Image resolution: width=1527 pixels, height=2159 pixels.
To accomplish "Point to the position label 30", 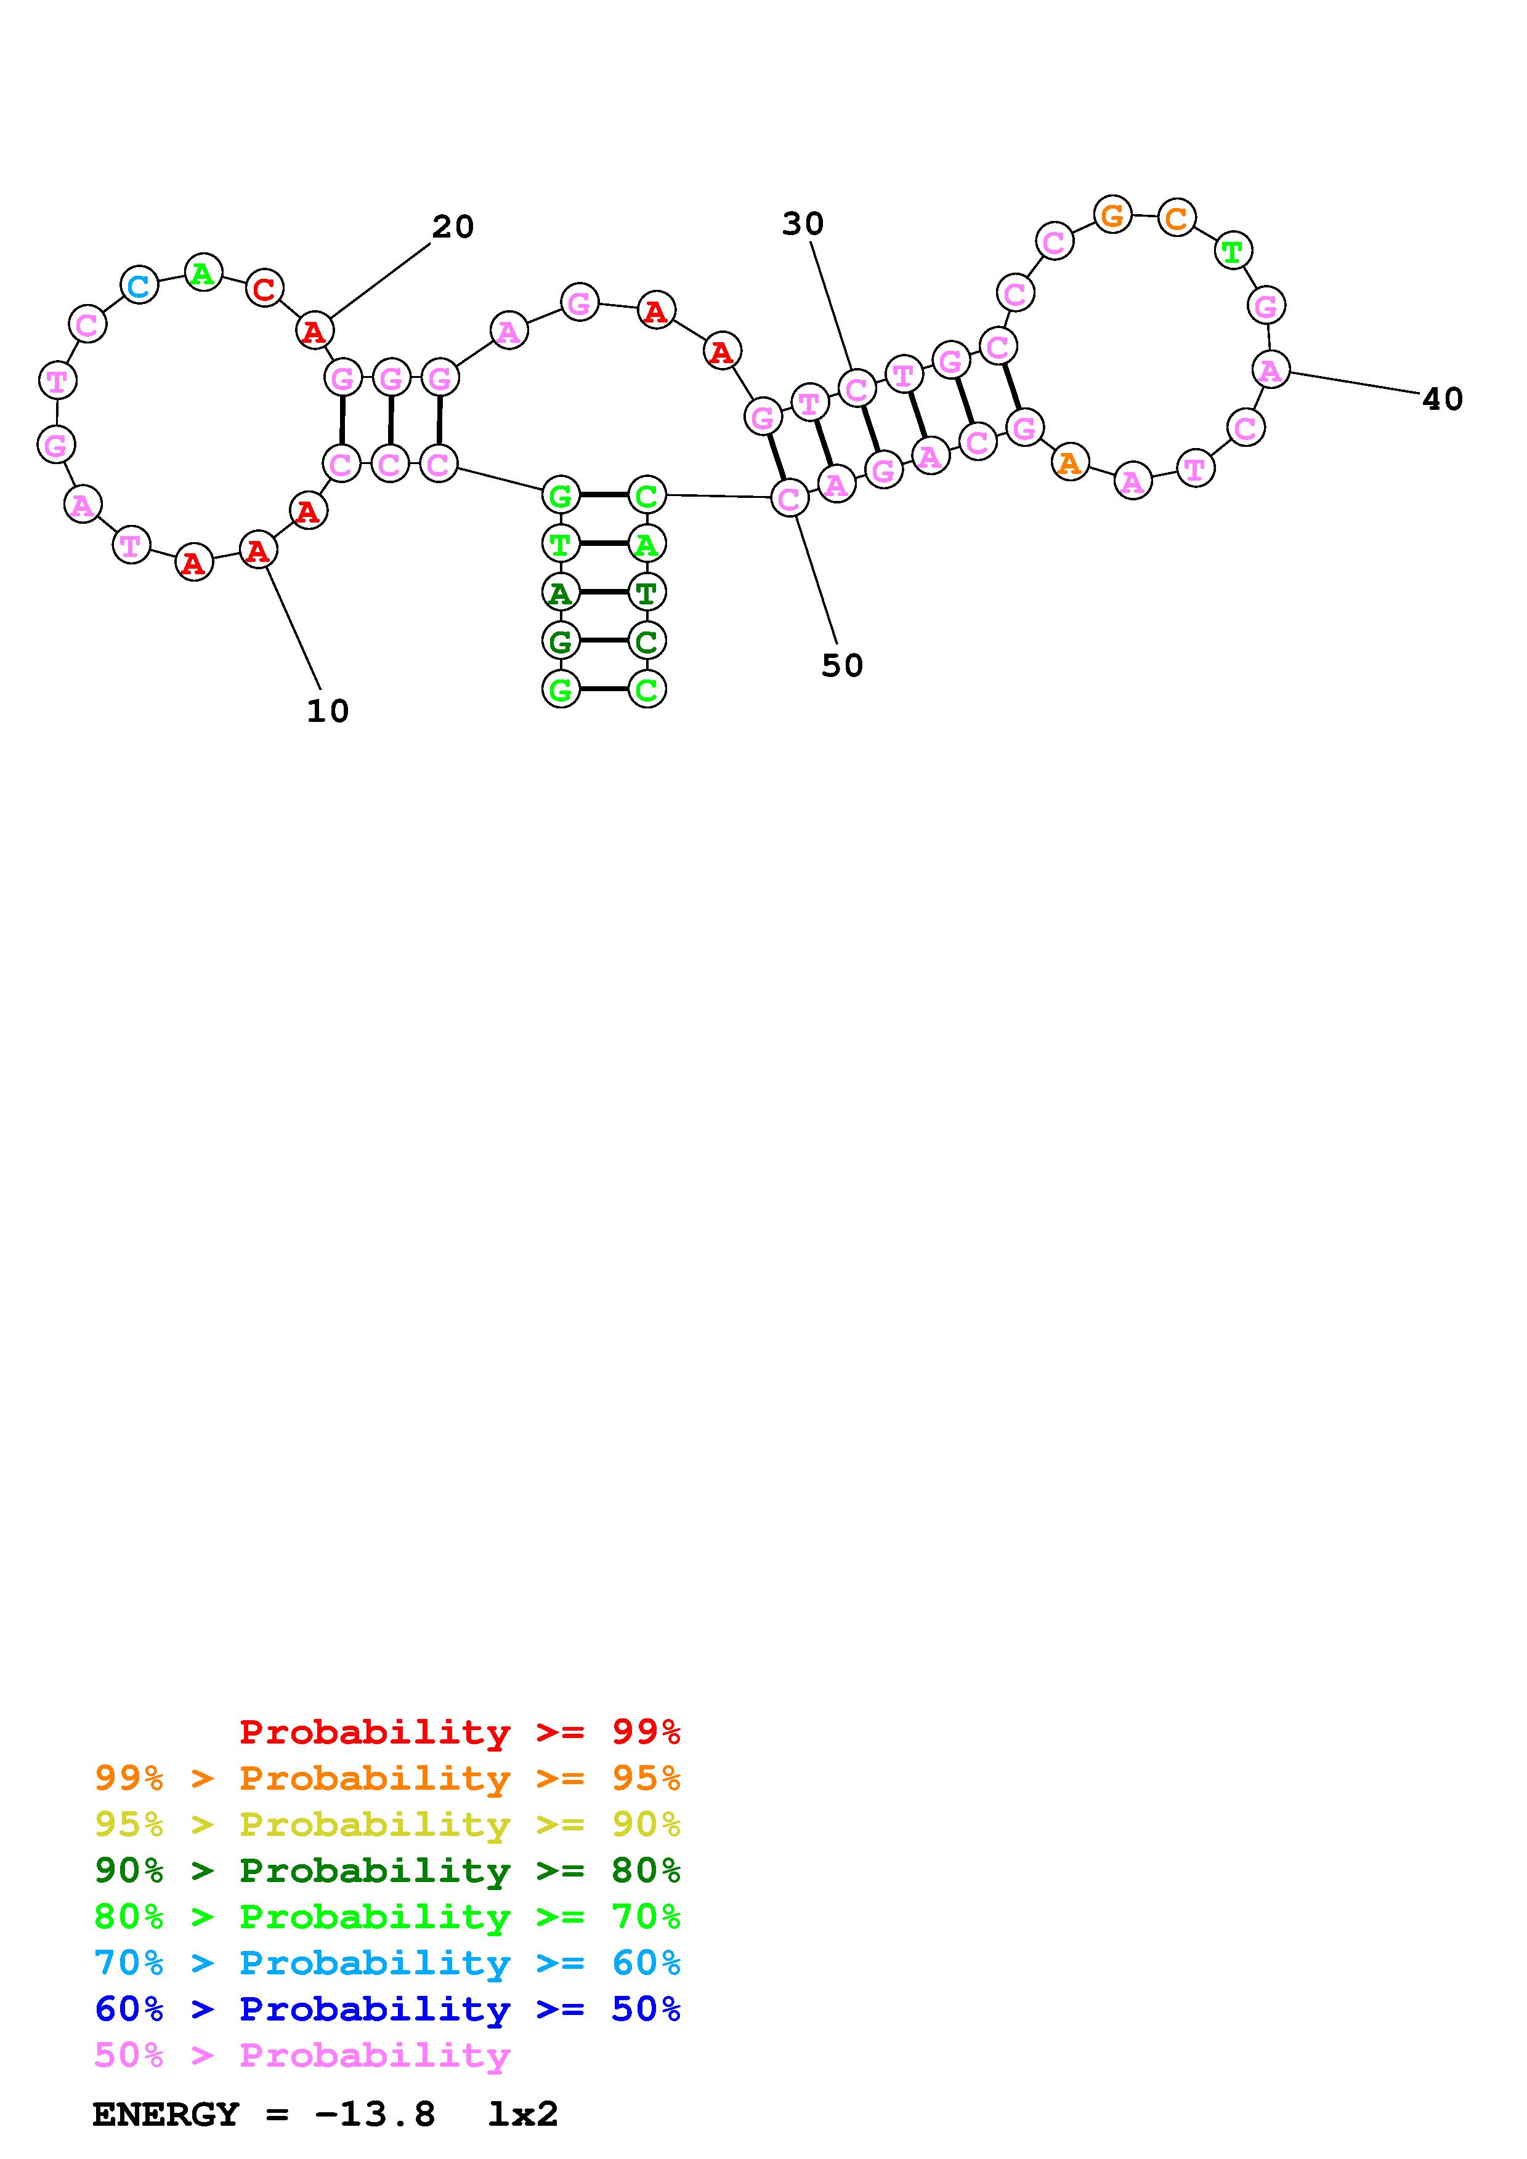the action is click(x=803, y=224).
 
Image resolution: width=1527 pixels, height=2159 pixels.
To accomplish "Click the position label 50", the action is click(x=841, y=666).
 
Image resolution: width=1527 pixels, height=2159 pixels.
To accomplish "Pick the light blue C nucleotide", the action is click(x=139, y=285).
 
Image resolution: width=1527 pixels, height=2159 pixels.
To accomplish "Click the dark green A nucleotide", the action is click(x=561, y=593).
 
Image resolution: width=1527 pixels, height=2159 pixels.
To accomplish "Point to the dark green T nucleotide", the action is click(x=646, y=593).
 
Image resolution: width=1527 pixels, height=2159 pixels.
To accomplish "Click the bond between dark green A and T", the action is click(x=603, y=593).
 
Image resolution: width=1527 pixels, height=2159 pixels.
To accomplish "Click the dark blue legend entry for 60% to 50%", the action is click(x=387, y=2009).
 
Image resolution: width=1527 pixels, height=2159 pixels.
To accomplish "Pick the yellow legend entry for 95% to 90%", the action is click(x=387, y=1824).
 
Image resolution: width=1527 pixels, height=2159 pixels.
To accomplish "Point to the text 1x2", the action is click(x=523, y=2114).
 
